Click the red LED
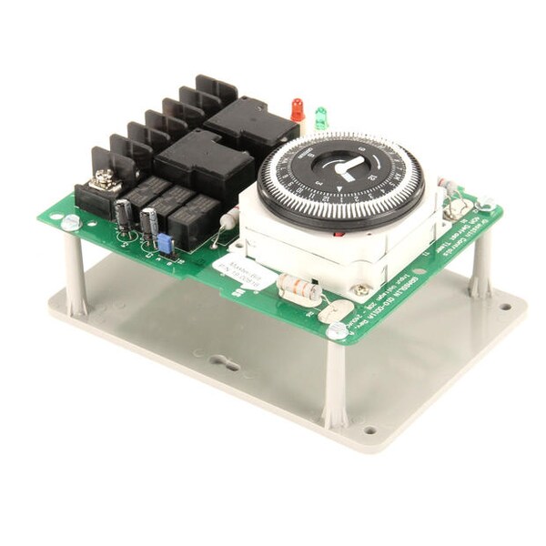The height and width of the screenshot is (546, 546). pos(297,108)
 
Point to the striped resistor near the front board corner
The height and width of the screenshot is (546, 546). pos(298,288)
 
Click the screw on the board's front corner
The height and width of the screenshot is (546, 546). pos(336,330)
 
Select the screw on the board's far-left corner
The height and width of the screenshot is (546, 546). pos(70,222)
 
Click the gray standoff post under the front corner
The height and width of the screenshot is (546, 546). pos(335,382)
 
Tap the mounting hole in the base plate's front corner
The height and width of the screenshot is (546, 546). pos(369,430)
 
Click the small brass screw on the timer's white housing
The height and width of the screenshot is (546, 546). pos(361,289)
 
